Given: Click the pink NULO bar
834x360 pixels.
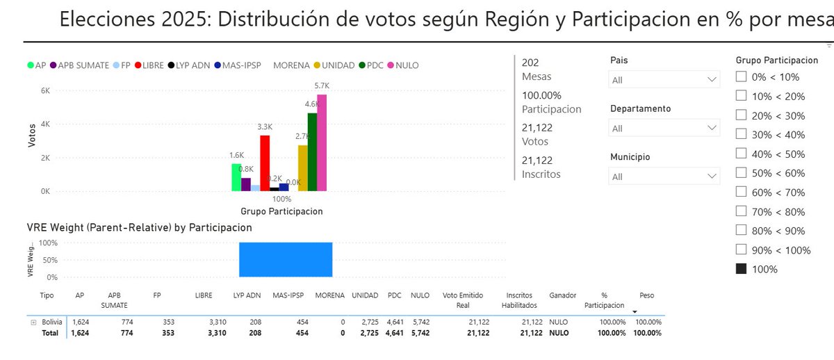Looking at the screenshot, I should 322,142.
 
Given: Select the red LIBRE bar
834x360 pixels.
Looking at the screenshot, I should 265,163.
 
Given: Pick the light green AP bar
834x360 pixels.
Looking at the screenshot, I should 236,177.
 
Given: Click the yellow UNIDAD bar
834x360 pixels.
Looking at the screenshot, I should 302,167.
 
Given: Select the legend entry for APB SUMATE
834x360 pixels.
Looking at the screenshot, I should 78,65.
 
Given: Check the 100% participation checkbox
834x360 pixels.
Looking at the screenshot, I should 741,269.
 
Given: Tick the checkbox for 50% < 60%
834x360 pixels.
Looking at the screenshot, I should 741,173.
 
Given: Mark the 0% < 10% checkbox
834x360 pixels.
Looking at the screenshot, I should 741,77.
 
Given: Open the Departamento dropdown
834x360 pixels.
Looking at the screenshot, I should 664,129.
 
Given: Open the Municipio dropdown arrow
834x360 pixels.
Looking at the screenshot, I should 712,177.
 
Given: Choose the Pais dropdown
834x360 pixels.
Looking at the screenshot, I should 664,80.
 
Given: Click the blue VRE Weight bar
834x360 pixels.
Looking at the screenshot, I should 286,260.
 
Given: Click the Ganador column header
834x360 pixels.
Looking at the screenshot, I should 562,295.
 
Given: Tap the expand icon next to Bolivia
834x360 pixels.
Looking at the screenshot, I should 33,322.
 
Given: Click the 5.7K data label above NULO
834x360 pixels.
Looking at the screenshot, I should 322,85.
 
